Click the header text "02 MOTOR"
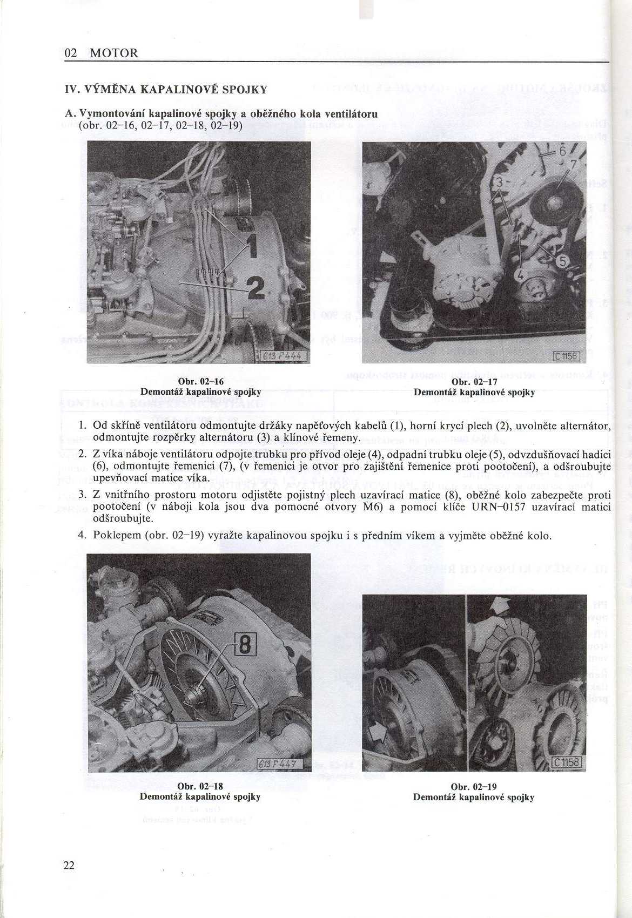[x=101, y=53]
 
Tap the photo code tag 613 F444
[x=281, y=356]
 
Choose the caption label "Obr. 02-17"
[x=474, y=382]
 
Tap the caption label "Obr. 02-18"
[x=200, y=786]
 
